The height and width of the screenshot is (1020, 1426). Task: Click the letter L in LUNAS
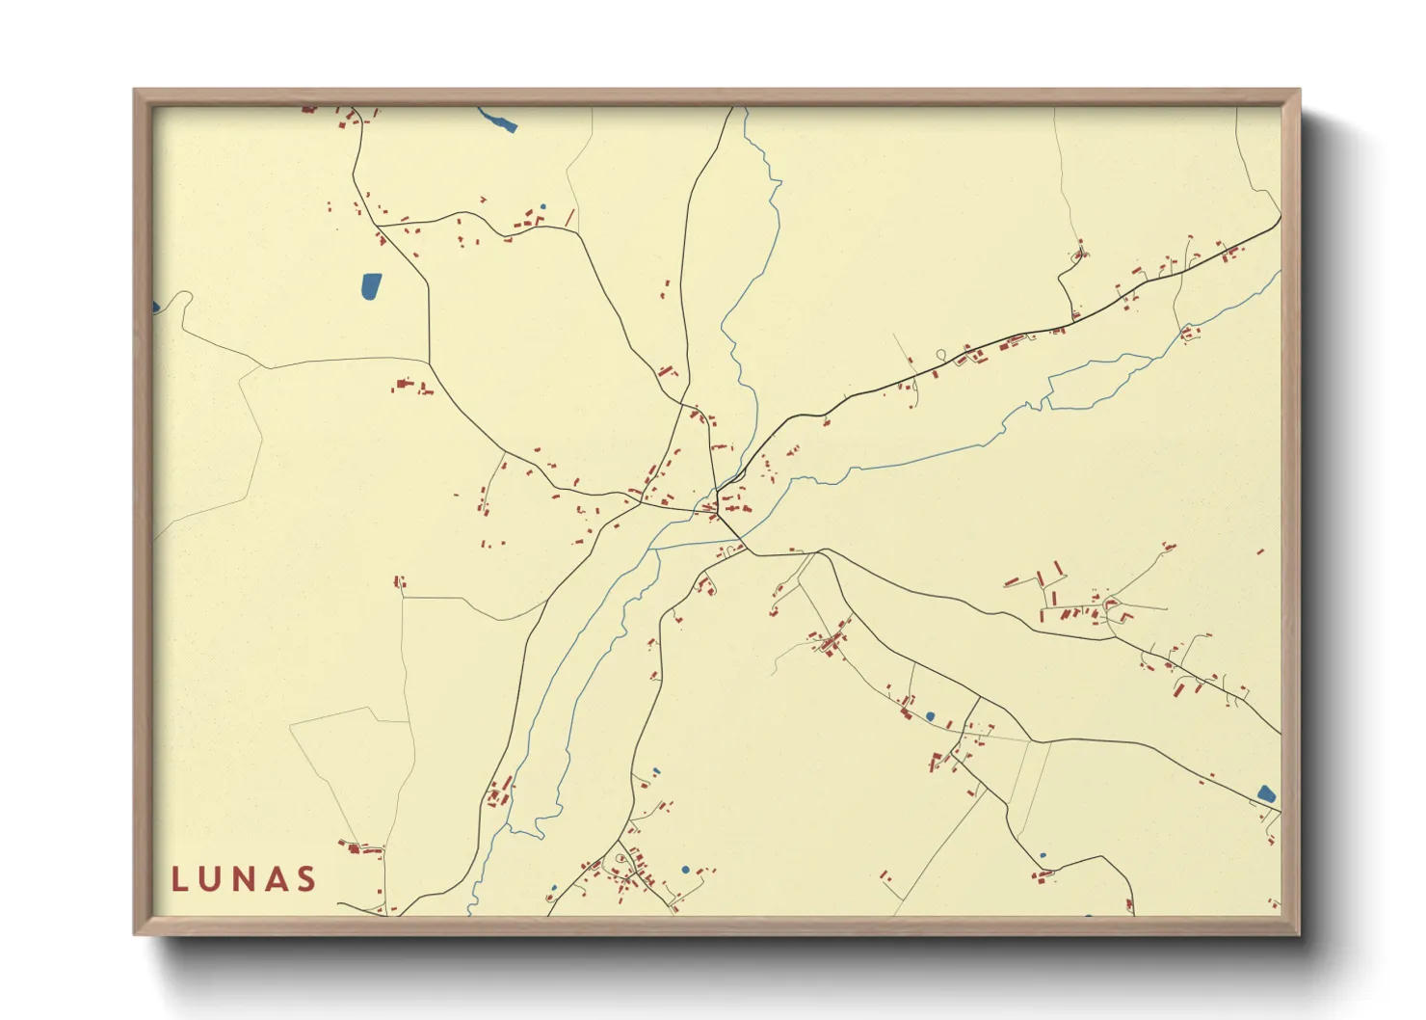pyautogui.click(x=179, y=879)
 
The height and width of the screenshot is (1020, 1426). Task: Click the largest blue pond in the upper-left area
pyautogui.click(x=370, y=285)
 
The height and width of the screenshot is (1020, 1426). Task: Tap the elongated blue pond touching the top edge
pyautogui.click(x=498, y=120)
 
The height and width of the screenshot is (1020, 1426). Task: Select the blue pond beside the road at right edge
pyautogui.click(x=1266, y=794)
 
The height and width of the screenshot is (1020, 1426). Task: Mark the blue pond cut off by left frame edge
pyautogui.click(x=155, y=308)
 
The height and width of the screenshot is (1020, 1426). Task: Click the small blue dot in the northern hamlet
pyautogui.click(x=542, y=206)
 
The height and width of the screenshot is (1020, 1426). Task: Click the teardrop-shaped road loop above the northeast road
pyautogui.click(x=940, y=354)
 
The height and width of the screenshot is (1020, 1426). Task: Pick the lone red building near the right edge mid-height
pyautogui.click(x=1260, y=552)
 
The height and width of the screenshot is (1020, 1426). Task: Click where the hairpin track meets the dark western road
pyautogui.click(x=430, y=362)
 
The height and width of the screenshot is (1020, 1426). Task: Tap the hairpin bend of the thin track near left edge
pyautogui.click(x=183, y=296)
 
